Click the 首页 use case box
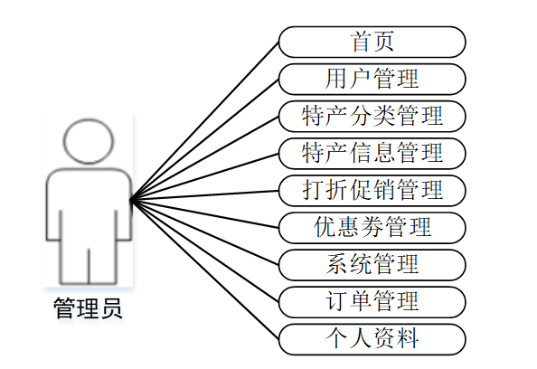372,42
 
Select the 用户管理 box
372,80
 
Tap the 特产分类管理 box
372,116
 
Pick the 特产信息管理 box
372,154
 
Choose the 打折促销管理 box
372,191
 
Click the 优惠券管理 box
372,228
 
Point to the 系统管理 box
372,265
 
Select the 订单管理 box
372,302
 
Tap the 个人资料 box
372,339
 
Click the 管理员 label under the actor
88,308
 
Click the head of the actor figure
89,141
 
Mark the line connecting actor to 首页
205,121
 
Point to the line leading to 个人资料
205,270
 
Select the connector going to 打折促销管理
205,195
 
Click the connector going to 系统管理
205,232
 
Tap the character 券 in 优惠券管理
372,227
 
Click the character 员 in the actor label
111,308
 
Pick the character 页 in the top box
383,42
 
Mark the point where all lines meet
131,200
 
